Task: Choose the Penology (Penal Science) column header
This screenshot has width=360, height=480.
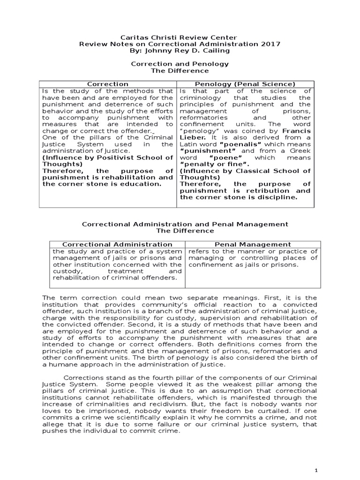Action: click(x=244, y=84)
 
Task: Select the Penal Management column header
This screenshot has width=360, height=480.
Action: click(x=253, y=244)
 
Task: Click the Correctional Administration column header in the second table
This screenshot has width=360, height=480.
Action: click(x=118, y=244)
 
